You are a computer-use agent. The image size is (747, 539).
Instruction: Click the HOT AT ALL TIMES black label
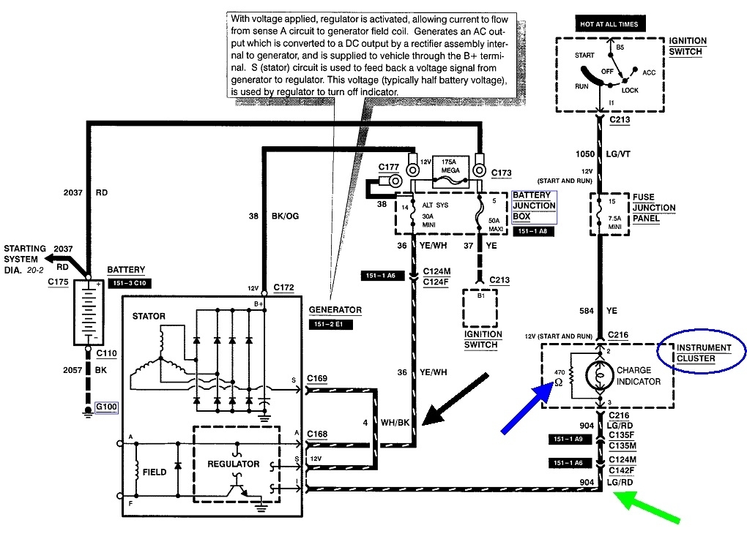[609, 24]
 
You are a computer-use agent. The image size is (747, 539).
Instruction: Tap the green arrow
[646, 508]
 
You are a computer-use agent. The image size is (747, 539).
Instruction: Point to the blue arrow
[527, 408]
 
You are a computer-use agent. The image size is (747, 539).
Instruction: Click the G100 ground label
[106, 407]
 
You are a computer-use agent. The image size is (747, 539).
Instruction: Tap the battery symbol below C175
[89, 312]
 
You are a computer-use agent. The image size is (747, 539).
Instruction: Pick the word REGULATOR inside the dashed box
[233, 464]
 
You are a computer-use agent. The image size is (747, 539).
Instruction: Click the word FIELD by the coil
[155, 472]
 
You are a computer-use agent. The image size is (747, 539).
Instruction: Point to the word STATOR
[149, 317]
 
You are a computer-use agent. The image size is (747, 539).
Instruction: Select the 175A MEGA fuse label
[450, 166]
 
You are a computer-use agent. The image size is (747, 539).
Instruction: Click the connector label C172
[283, 287]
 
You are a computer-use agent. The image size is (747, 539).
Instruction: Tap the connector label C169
[317, 378]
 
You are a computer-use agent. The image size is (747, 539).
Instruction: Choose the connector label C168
[317, 434]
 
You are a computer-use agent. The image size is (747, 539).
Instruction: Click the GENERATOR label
[335, 309]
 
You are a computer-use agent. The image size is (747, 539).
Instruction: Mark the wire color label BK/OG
[285, 216]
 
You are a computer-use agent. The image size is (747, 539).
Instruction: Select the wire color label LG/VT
[618, 154]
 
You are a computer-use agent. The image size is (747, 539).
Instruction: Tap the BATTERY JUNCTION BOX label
[534, 206]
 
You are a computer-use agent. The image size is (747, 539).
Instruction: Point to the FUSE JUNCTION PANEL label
[653, 208]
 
